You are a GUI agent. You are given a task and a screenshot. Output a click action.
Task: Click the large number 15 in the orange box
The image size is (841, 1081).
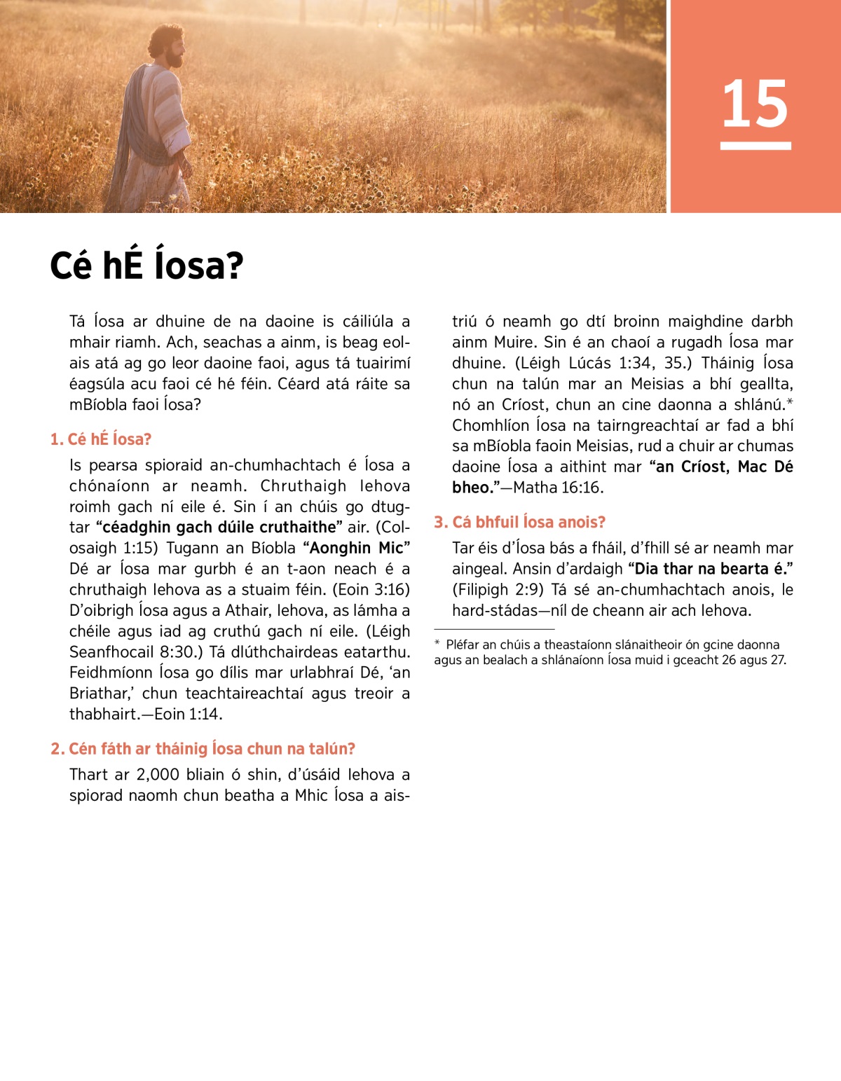pos(755,104)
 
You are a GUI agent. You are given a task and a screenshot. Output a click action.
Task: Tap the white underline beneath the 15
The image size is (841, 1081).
pos(755,146)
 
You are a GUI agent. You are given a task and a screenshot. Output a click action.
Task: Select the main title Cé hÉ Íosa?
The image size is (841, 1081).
pos(146,266)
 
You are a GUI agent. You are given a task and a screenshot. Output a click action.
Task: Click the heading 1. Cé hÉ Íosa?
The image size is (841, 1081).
pos(101,439)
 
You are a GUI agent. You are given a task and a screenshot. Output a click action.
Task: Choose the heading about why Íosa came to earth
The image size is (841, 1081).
pos(203,749)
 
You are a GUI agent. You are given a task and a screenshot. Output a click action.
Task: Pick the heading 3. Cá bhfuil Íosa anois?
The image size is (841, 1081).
pos(519,522)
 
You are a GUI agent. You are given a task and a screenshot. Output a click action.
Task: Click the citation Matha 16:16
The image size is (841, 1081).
pos(558,488)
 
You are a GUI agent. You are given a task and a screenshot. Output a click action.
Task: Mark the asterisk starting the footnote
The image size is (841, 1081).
pos(437,644)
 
